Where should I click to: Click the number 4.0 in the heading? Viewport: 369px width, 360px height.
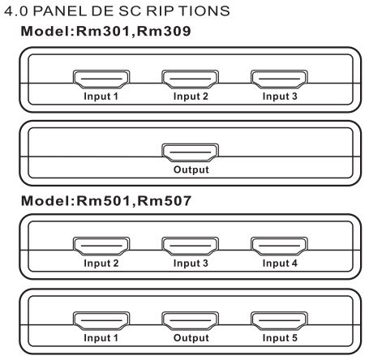pyautogui.click(x=16, y=11)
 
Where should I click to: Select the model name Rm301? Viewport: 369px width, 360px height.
pyautogui.click(x=103, y=31)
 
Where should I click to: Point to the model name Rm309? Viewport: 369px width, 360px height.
pyautogui.click(x=164, y=31)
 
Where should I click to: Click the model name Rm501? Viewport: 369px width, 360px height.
pyautogui.click(x=103, y=201)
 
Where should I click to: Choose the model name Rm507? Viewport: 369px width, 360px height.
pyautogui.click(x=165, y=201)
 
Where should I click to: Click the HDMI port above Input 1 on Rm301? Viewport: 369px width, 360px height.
pyautogui.click(x=101, y=79)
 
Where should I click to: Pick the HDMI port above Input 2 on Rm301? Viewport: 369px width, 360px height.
pyautogui.click(x=190, y=79)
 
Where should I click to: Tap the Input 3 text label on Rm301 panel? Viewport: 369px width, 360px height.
pyautogui.click(x=280, y=96)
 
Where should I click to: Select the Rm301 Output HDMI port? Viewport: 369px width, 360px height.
pyautogui.click(x=190, y=152)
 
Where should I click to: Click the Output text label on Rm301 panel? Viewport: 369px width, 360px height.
pyautogui.click(x=191, y=169)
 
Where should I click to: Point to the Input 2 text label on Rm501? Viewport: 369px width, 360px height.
pyautogui.click(x=101, y=264)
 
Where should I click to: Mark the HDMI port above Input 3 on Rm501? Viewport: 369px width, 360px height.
pyautogui.click(x=190, y=246)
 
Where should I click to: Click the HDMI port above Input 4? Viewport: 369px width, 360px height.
pyautogui.click(x=279, y=246)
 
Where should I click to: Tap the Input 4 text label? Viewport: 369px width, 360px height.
pyautogui.click(x=280, y=264)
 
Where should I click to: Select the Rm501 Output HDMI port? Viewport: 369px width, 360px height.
pyautogui.click(x=190, y=321)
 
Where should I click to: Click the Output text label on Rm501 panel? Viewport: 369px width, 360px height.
pyautogui.click(x=191, y=338)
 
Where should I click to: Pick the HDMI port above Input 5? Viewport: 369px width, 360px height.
pyautogui.click(x=279, y=321)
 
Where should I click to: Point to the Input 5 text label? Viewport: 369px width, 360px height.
pyautogui.click(x=280, y=338)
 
